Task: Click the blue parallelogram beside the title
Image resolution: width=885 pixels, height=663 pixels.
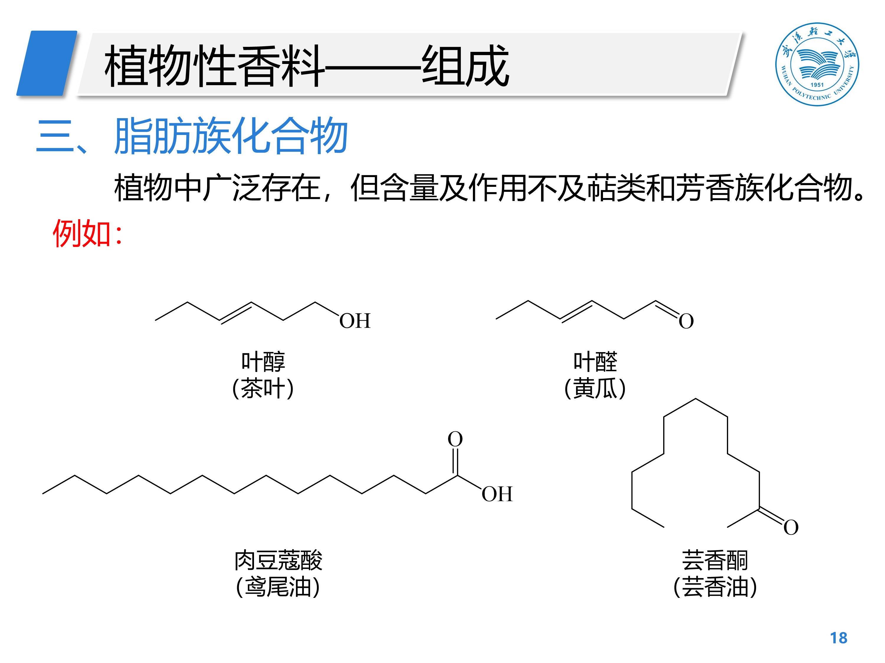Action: click(47, 63)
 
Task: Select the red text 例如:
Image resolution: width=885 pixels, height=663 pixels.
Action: click(87, 234)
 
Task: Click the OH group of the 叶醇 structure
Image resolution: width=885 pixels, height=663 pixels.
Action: click(355, 321)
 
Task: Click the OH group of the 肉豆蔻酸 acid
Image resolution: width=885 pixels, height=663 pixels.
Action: click(496, 494)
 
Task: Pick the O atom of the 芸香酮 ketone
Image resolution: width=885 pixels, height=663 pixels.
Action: click(791, 527)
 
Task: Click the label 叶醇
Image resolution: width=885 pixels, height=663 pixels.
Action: click(263, 362)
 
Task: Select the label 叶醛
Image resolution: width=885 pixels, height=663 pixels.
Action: click(595, 362)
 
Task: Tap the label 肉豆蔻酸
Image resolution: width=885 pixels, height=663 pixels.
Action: click(278, 560)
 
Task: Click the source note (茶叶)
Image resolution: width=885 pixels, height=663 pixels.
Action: click(263, 388)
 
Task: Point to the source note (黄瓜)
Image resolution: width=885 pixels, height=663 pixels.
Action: click(595, 388)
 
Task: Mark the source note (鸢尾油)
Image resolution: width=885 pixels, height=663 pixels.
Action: click(278, 587)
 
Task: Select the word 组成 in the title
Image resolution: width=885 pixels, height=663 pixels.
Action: click(465, 65)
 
